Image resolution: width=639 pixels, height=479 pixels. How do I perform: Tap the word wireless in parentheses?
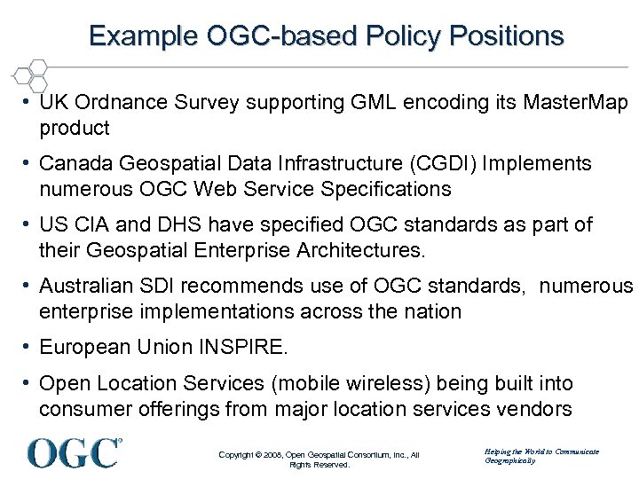355,383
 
